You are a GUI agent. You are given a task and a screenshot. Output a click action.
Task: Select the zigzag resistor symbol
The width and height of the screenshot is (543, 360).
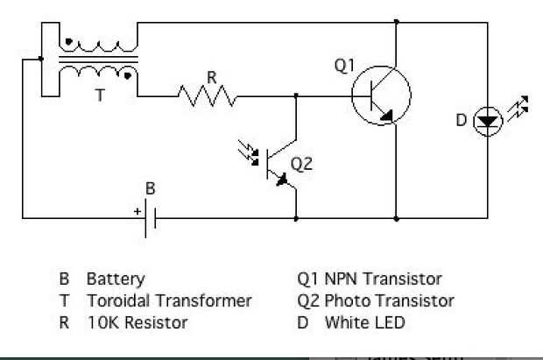coord(208,95)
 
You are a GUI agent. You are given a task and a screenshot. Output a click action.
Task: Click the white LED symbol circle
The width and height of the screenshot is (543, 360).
coord(488,122)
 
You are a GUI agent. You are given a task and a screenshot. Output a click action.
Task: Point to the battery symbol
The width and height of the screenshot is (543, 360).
coord(152,215)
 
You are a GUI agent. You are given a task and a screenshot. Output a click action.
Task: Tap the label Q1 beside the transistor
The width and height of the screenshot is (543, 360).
coord(345,65)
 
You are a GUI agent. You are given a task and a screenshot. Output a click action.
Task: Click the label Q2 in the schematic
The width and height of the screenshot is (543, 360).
coord(301,164)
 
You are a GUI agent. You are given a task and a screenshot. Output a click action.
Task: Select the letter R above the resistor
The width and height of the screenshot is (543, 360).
coord(211,76)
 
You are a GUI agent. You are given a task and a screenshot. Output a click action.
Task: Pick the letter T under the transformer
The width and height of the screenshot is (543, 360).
coord(100,96)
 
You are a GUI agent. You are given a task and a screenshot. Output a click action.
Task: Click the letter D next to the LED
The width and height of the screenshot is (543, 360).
coord(462,120)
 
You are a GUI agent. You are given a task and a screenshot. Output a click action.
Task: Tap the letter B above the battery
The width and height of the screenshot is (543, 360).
coord(150,188)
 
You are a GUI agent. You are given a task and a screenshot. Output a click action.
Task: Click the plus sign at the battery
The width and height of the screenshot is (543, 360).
coord(137,211)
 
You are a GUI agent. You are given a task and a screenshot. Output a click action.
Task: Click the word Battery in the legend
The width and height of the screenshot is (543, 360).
coord(116,279)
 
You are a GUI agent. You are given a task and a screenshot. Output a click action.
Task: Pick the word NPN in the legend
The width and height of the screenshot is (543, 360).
coord(342,279)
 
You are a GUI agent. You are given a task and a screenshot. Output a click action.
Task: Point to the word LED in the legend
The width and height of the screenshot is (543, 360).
coord(390,322)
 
